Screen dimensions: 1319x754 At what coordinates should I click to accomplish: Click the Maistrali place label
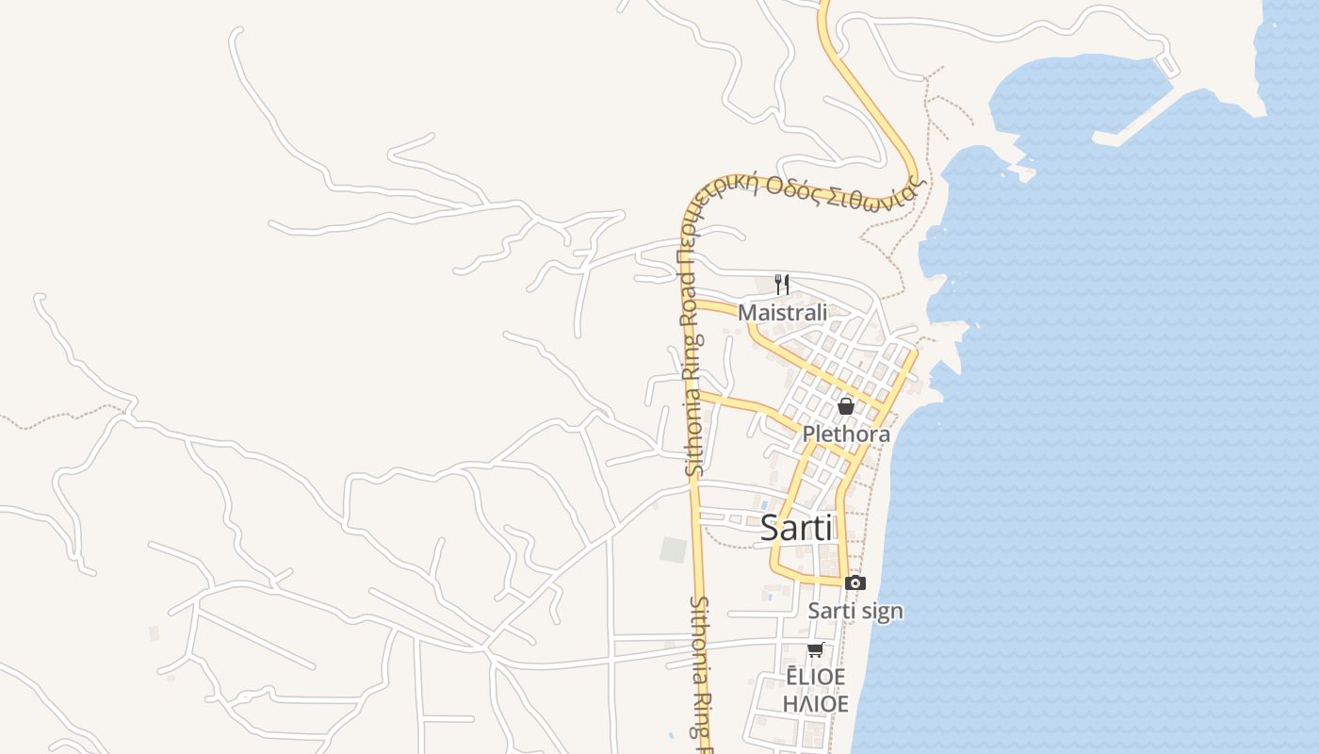[782, 312]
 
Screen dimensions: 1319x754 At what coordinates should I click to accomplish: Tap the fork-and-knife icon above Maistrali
[781, 284]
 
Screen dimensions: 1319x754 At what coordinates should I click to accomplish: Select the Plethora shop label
[846, 434]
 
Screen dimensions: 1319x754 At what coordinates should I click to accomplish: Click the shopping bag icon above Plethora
[846, 406]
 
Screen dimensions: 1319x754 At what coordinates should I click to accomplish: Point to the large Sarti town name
[796, 528]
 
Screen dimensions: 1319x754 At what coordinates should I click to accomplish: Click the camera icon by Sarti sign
[855, 583]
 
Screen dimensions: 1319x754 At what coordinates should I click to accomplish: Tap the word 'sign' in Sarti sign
[883, 612]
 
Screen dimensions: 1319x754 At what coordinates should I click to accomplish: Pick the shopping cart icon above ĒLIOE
[816, 649]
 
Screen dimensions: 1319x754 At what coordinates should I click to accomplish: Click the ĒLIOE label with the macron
[816, 677]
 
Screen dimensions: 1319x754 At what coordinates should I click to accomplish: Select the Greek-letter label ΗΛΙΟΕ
[816, 704]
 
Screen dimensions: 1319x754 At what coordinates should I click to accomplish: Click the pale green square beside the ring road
[674, 549]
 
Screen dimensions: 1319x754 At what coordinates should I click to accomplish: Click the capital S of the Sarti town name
[770, 528]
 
